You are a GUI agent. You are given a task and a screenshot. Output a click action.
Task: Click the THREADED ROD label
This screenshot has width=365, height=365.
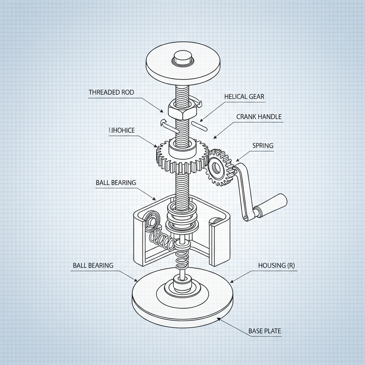[x=111, y=92]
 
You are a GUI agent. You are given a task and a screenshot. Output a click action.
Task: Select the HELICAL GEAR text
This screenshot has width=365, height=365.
[x=244, y=97]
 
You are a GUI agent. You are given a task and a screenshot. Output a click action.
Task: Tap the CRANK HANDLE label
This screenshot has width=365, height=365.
[x=259, y=117]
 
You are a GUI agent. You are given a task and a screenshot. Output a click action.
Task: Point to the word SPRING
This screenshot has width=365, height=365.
[x=263, y=145]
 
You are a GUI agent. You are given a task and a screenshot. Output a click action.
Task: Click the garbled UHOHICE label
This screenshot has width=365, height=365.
[x=122, y=130]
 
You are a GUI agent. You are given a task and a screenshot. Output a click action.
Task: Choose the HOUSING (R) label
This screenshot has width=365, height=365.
[x=276, y=266]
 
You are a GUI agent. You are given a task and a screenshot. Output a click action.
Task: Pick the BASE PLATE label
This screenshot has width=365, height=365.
[x=264, y=331]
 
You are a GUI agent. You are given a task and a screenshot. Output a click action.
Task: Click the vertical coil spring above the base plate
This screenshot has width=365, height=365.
[x=182, y=260]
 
